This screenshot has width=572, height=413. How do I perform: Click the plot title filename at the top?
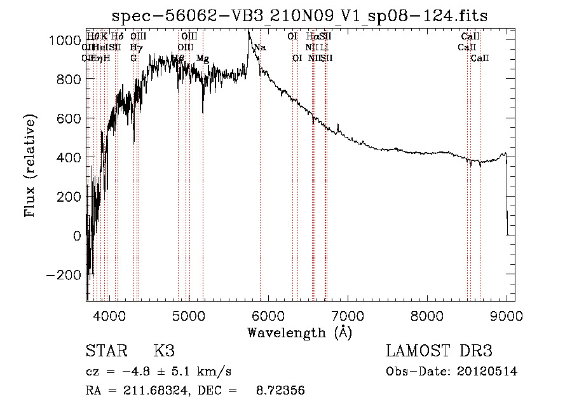(x=299, y=16)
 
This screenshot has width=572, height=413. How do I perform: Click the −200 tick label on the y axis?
(x=62, y=275)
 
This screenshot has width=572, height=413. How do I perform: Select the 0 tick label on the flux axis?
(x=78, y=236)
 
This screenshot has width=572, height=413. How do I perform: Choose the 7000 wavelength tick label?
(x=348, y=314)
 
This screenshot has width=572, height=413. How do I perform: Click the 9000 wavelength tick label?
(x=507, y=314)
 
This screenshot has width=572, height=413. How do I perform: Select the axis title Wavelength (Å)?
(x=299, y=332)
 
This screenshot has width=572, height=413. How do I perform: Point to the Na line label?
(x=259, y=47)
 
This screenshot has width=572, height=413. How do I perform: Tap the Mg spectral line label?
(x=202, y=58)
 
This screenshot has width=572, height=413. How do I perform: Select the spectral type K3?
(x=164, y=351)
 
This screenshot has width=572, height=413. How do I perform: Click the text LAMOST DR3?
(x=439, y=351)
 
